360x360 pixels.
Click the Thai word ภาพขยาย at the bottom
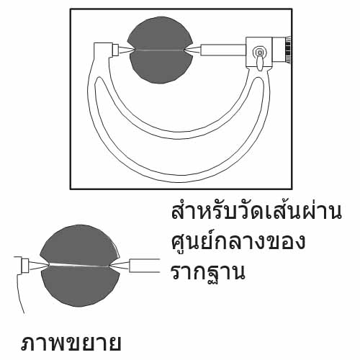click(x=71, y=343)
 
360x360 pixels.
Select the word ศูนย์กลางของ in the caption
click(x=238, y=241)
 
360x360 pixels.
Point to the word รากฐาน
click(x=208, y=273)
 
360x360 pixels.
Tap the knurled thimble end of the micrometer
click(x=288, y=50)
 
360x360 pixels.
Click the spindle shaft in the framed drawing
click(x=223, y=50)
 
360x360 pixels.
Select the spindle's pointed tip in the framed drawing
click(x=186, y=50)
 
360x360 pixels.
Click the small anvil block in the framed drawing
click(x=115, y=50)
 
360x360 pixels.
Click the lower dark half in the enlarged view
click(x=81, y=286)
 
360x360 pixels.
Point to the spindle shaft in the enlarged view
click(x=145, y=266)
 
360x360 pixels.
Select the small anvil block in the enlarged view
click(x=25, y=266)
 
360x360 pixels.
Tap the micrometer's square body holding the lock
click(x=259, y=53)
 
